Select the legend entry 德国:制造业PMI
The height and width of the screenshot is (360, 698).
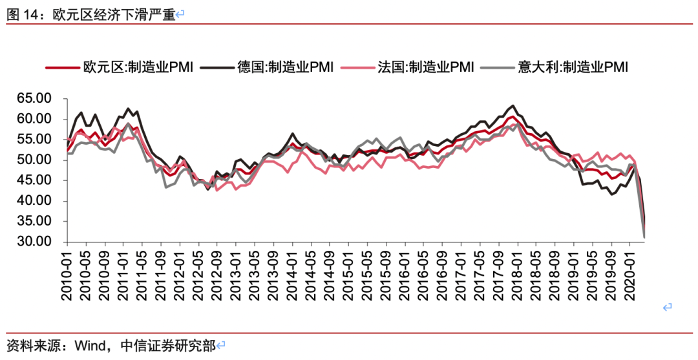[286, 67]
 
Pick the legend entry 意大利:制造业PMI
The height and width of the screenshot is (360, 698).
[573, 67]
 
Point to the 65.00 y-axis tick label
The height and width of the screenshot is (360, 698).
[34, 98]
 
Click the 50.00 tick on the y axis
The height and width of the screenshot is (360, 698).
[34, 160]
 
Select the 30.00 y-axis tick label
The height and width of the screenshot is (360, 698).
[34, 242]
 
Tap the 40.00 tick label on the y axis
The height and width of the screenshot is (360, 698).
[34, 201]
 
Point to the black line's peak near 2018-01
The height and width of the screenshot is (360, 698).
[513, 105]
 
